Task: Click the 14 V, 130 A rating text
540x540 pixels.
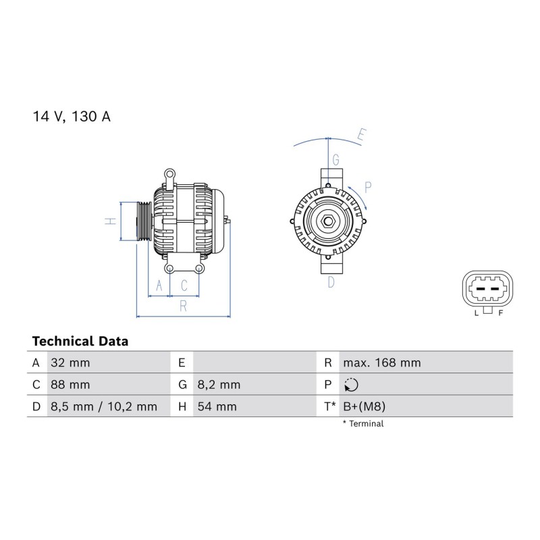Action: tap(72, 117)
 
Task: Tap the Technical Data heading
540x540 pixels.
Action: tap(80, 342)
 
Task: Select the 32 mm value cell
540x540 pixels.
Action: tap(70, 362)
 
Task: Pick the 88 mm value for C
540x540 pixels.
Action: tap(70, 385)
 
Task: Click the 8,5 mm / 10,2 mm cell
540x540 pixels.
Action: tap(104, 407)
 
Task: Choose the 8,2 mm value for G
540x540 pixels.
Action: tap(219, 385)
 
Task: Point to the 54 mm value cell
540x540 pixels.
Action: tap(217, 407)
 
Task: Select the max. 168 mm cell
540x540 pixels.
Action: tap(382, 362)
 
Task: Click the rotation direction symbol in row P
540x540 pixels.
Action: tap(351, 385)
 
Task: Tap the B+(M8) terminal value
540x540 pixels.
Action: tap(364, 407)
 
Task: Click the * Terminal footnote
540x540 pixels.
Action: tap(363, 424)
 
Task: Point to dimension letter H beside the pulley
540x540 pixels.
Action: tap(110, 221)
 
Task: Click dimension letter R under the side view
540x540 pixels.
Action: tap(183, 306)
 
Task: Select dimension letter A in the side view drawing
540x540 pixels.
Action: tap(159, 286)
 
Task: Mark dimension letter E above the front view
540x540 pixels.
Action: tap(361, 134)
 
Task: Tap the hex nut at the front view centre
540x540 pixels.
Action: tap(328, 221)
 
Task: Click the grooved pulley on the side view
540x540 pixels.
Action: tap(144, 221)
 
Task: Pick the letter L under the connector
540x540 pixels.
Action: tap(477, 313)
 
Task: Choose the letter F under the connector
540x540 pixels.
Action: tap(501, 313)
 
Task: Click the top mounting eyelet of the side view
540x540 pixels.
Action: tap(169, 175)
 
